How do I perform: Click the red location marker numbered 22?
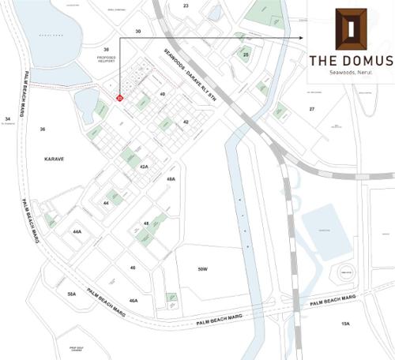click(119, 98)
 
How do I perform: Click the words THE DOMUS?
click(349, 62)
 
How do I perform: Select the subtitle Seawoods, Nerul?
click(349, 73)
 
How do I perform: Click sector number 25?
click(246, 54)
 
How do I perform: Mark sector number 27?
click(312, 108)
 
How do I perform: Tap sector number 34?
click(7, 119)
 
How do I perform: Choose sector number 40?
click(163, 94)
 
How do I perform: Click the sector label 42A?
click(144, 167)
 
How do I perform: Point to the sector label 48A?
click(171, 179)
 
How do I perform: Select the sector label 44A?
click(77, 231)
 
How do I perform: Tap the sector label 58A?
click(71, 294)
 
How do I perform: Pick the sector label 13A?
click(344, 324)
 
